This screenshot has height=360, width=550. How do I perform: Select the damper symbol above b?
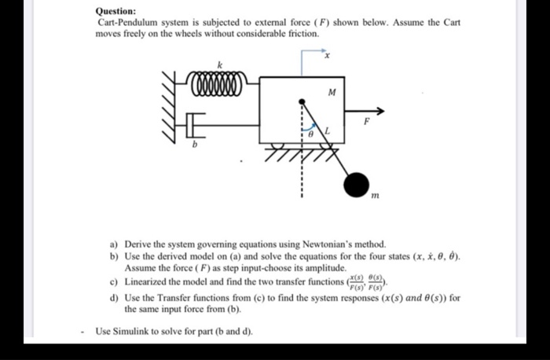[197, 123]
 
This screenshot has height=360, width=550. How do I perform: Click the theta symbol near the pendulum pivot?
[311, 136]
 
